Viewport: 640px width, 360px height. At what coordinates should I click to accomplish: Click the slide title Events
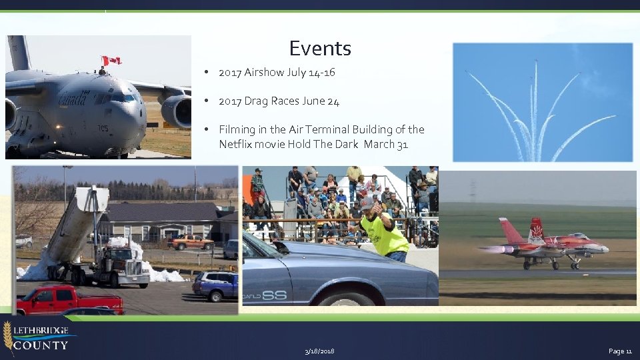click(320, 48)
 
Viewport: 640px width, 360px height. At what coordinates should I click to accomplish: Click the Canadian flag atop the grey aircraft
click(111, 61)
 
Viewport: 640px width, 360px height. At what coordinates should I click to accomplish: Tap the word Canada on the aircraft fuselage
click(73, 99)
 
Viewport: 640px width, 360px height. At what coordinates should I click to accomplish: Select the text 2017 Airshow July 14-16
click(277, 73)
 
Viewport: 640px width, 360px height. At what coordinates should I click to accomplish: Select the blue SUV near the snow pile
click(215, 285)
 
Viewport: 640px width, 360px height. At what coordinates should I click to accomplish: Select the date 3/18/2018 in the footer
click(319, 351)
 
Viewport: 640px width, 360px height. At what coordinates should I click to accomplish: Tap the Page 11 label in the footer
click(619, 351)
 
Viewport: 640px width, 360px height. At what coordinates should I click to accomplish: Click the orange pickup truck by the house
click(191, 243)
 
